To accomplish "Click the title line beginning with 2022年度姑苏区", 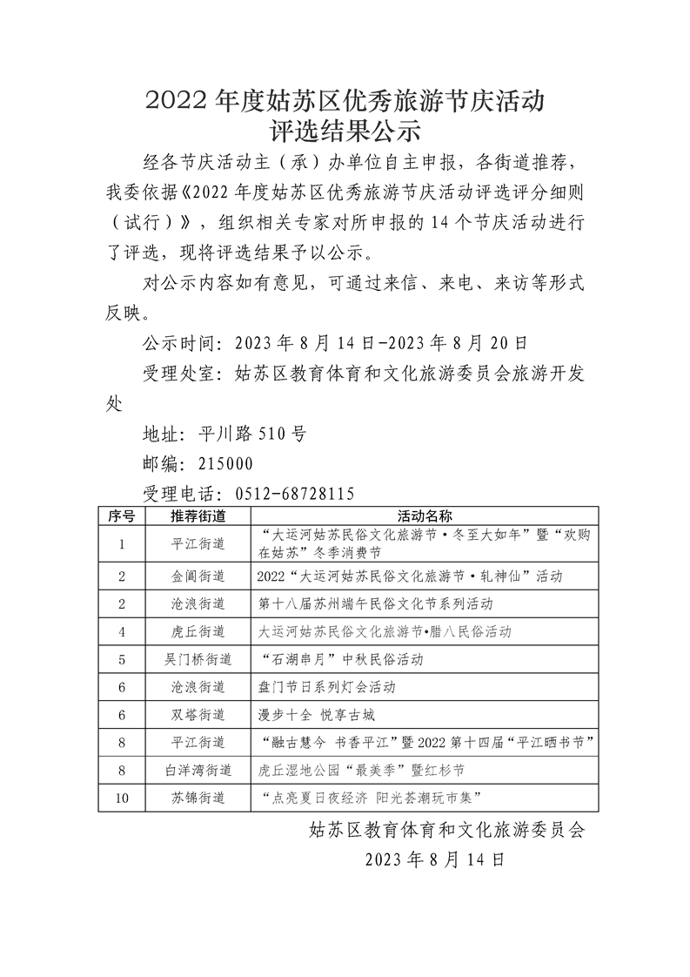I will coord(345,100).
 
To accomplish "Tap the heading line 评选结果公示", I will coord(345,131).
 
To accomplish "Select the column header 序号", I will coord(121,515).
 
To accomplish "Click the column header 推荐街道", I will coord(198,515).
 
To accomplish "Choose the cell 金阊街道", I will coord(198,576).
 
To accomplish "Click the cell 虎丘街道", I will coord(198,631).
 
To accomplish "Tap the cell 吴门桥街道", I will coord(198,659).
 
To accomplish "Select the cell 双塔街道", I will coord(198,715).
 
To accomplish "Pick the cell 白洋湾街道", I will coord(198,770).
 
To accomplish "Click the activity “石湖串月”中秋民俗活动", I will coord(341,659).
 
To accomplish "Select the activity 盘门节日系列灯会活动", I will coord(327,687).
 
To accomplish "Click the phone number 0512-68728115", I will coord(297,494).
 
